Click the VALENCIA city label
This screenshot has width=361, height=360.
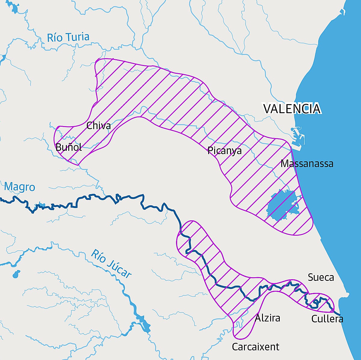pos(292,109)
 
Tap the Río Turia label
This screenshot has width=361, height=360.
pos(68,37)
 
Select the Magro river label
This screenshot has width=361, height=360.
pos(20,187)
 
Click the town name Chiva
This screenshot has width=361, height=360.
pos(98,126)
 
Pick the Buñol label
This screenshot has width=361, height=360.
pos(69,147)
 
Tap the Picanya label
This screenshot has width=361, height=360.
pos(224,151)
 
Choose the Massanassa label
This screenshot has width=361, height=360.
pos(307,164)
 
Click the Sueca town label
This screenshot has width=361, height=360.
pos(321,277)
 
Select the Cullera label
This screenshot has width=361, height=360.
pos(327,319)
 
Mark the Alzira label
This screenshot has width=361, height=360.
pos(267,318)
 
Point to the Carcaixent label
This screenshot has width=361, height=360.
pos(255,347)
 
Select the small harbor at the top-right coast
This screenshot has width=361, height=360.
pos(342,12)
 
